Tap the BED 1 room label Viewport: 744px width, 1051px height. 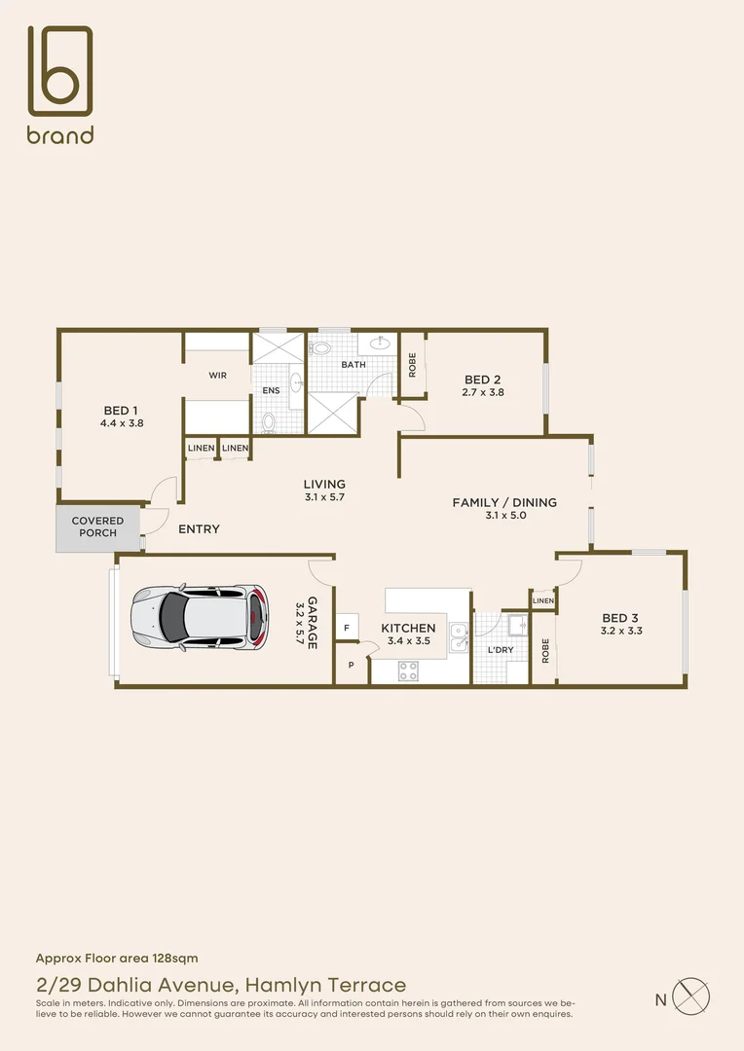122,410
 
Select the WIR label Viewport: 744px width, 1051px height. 217,375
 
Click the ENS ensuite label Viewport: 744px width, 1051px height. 271,390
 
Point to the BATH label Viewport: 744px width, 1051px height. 353,365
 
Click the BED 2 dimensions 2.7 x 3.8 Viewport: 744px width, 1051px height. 483,393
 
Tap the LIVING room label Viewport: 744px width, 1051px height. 324,484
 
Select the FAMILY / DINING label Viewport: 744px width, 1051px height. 503,502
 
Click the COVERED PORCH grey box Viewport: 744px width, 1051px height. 97,527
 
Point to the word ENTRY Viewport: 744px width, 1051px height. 199,529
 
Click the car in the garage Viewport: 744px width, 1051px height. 199,616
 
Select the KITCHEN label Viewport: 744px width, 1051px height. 408,629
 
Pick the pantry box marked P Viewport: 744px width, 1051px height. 350,667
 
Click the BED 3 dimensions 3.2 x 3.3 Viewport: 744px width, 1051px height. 620,632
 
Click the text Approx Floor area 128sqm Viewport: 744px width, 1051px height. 117,959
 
